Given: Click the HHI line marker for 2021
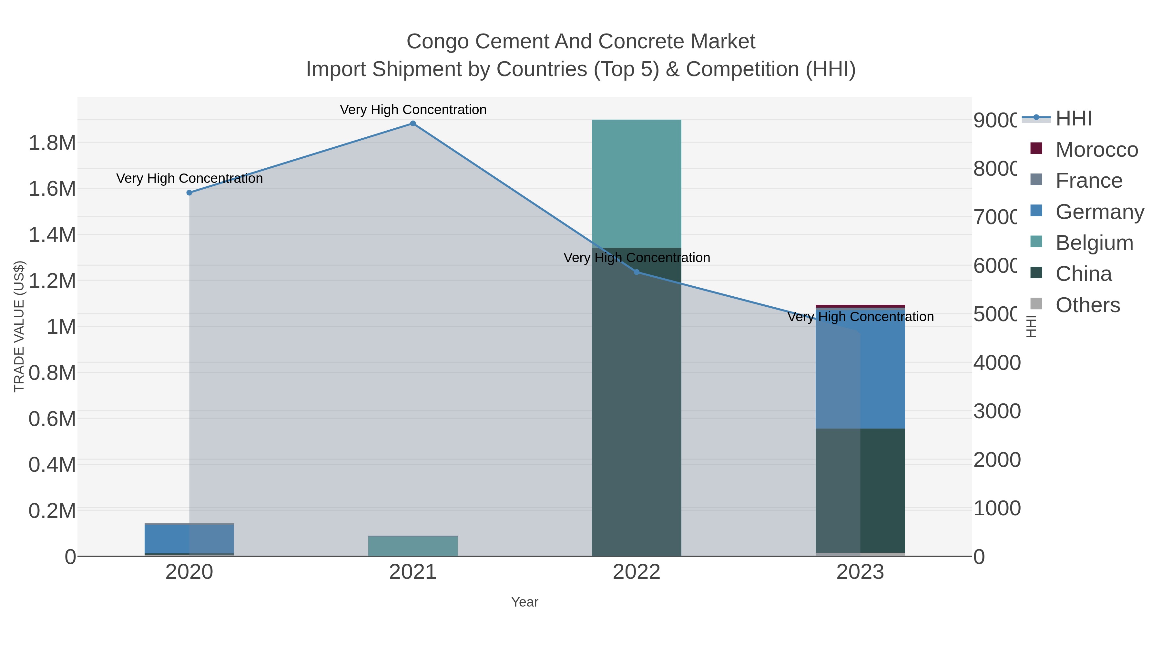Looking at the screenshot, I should [x=413, y=124].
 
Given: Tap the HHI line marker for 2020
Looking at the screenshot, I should [x=189, y=193].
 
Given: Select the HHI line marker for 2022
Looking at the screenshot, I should [x=637, y=272].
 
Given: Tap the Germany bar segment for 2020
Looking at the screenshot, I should [x=189, y=539].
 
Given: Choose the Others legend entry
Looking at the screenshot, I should [x=1087, y=305].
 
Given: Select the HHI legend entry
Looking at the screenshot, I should [x=1074, y=119].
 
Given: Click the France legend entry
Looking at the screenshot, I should [x=1088, y=181].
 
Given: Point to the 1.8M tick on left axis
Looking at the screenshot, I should [x=52, y=143].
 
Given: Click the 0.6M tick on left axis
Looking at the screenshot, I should [x=52, y=419].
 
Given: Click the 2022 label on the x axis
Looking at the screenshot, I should [x=637, y=572].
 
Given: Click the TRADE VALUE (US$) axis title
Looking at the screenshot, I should [x=19, y=326].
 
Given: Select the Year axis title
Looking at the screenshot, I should [x=525, y=602].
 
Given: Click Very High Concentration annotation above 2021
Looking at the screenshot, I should [x=413, y=110].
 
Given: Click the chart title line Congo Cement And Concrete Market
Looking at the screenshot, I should [x=581, y=42].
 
